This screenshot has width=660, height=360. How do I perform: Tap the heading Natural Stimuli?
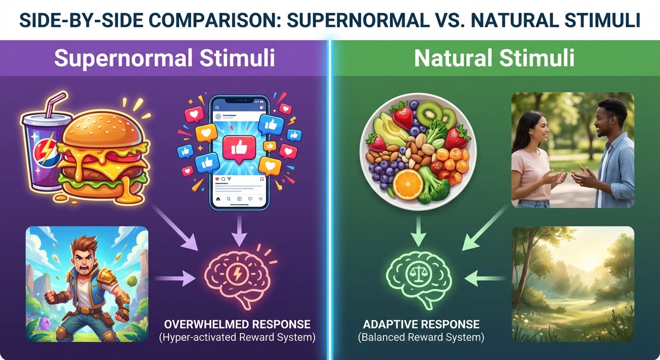(494, 59)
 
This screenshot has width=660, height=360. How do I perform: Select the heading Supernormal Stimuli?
(165, 59)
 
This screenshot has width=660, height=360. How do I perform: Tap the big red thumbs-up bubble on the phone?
(239, 149)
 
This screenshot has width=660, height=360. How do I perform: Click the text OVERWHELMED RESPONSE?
(237, 324)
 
